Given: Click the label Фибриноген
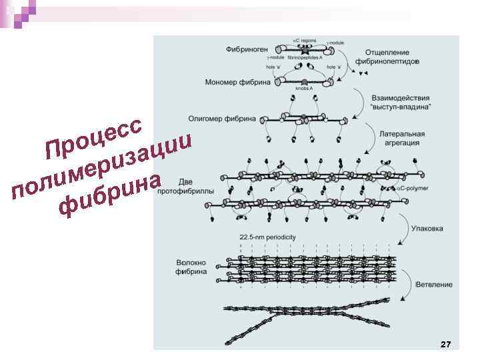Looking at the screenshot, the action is click(247, 49).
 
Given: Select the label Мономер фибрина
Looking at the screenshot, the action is click(238, 83).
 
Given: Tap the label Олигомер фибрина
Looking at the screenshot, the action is click(231, 119).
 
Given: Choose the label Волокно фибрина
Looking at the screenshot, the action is click(191, 267).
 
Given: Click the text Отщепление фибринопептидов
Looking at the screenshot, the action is click(387, 57).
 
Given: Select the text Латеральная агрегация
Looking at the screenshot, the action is click(401, 138).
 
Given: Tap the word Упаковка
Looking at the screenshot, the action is click(427, 227).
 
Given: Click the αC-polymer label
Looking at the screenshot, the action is click(413, 189).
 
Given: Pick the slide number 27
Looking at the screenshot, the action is click(446, 344).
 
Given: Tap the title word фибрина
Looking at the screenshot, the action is click(110, 197).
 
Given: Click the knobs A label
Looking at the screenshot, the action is click(305, 88).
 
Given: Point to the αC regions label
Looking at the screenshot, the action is click(305, 41).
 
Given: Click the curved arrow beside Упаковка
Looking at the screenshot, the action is click(404, 230).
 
